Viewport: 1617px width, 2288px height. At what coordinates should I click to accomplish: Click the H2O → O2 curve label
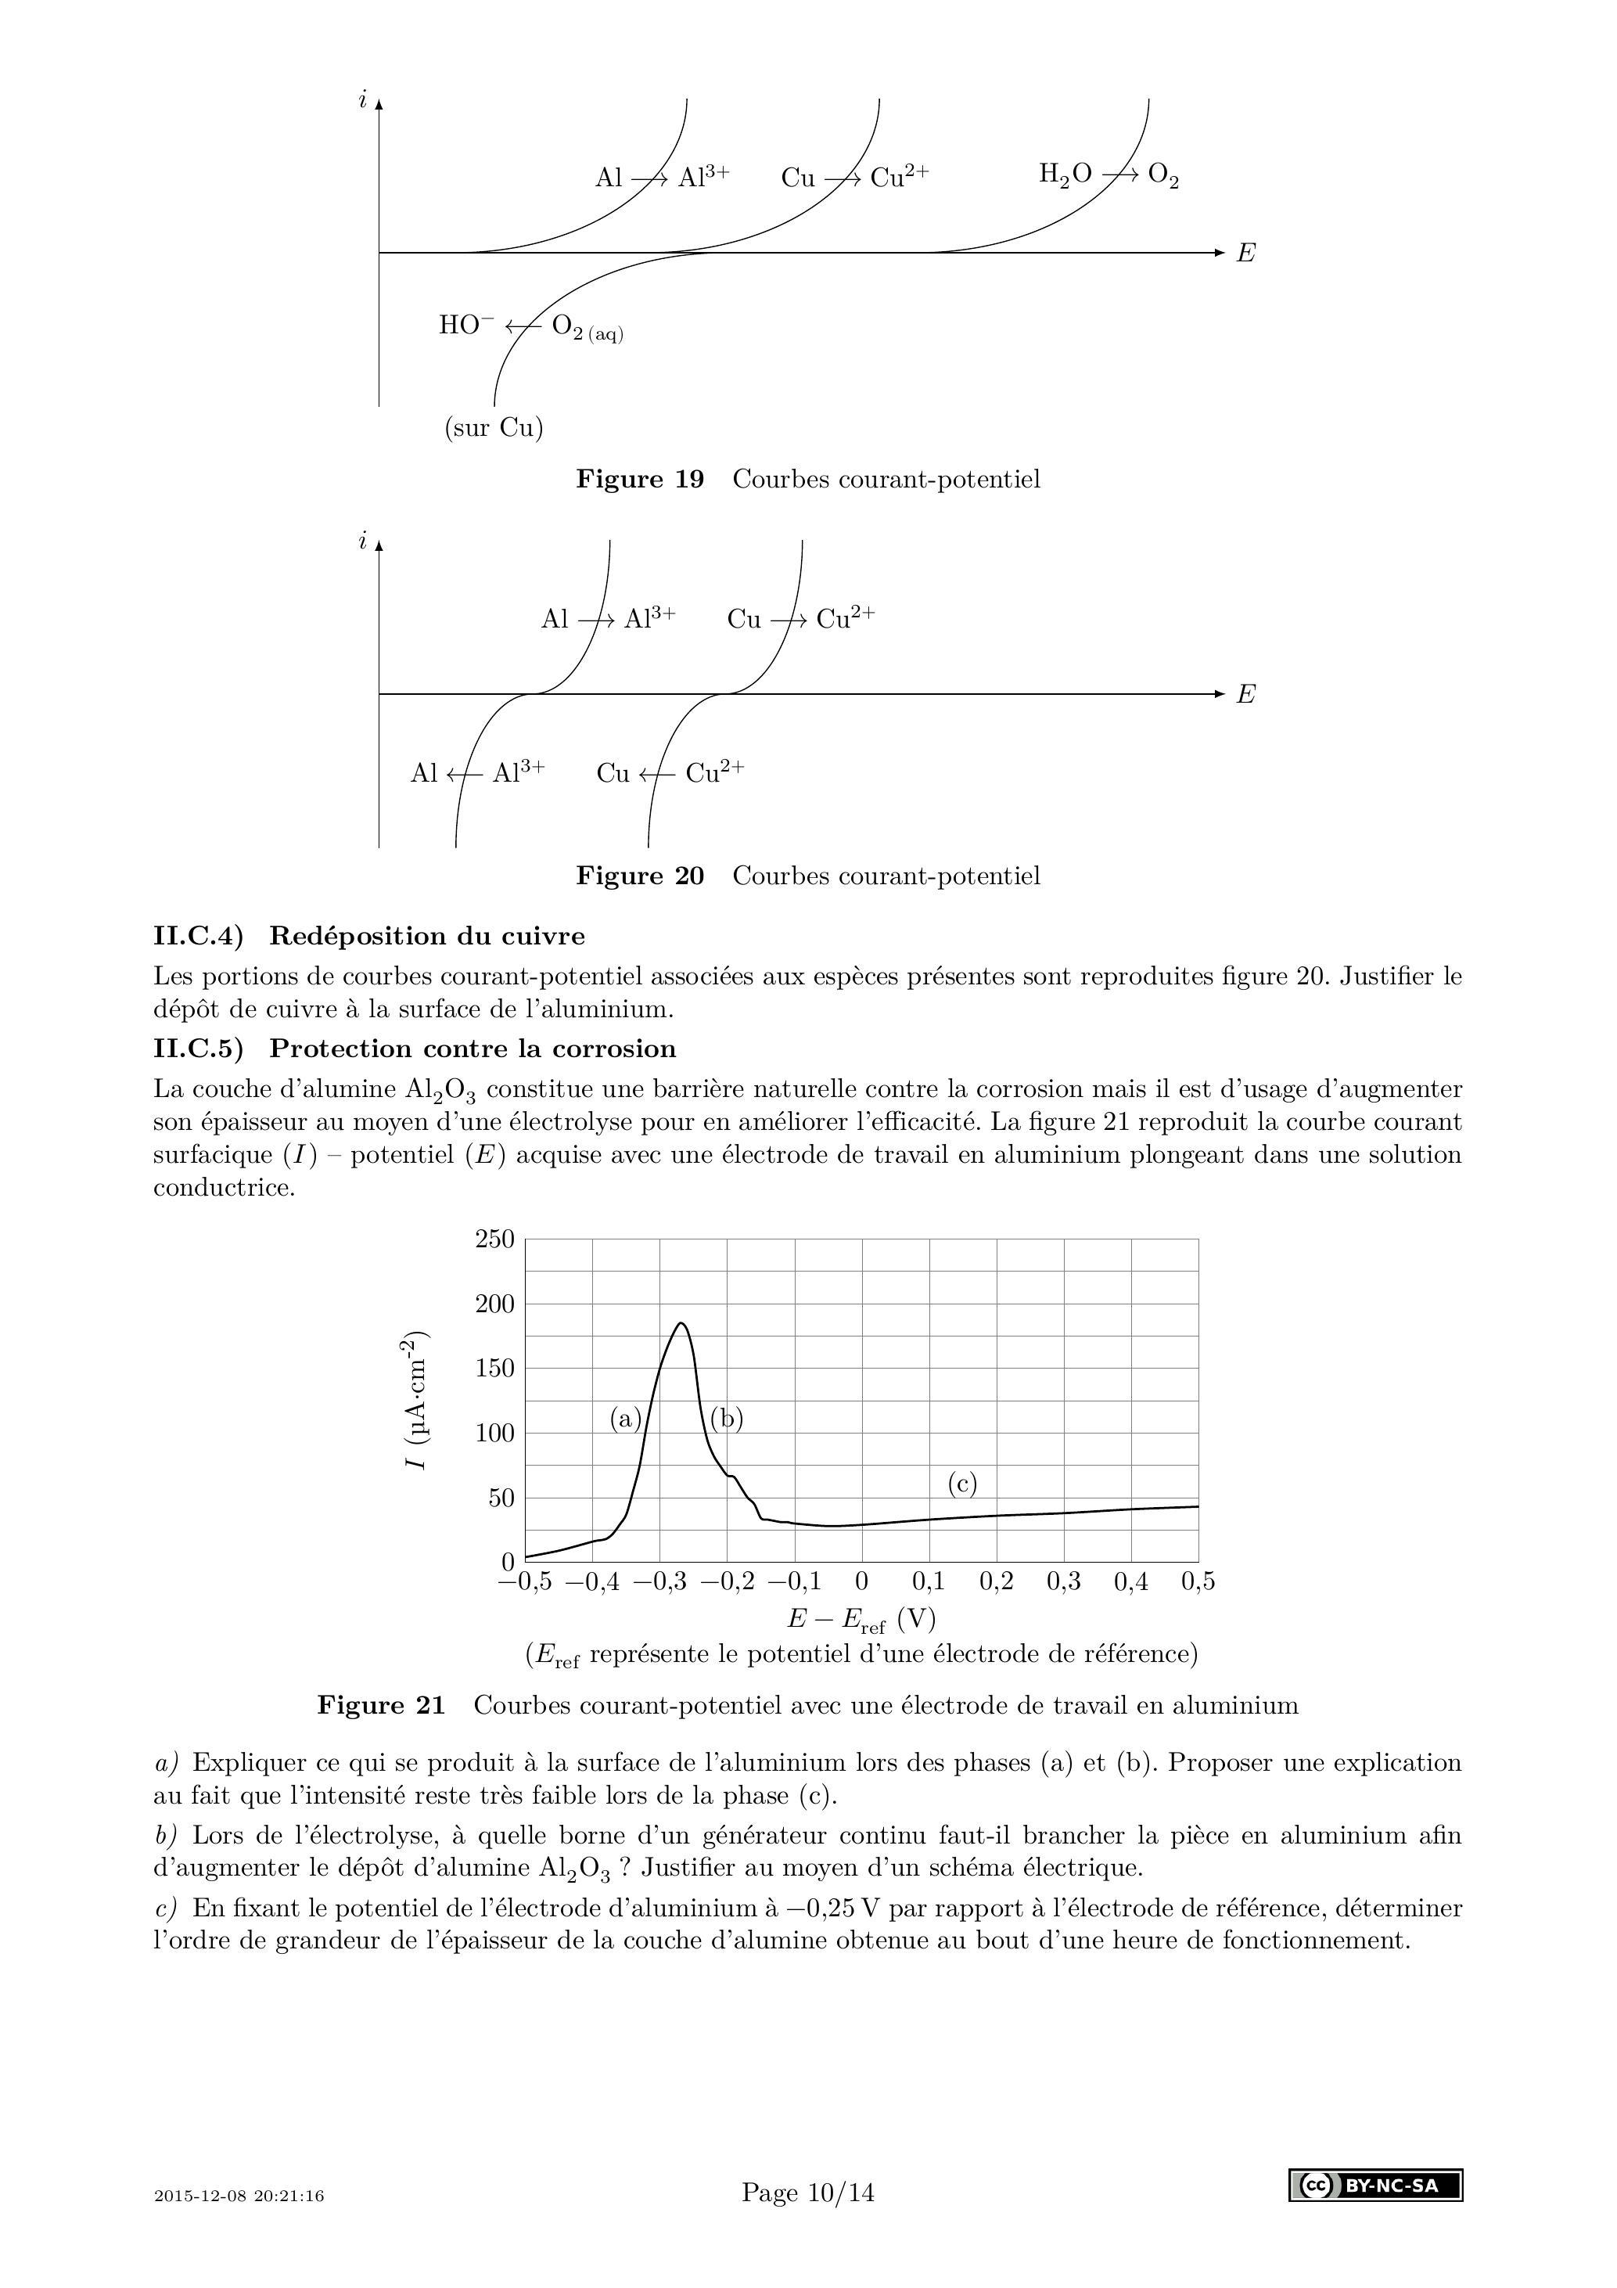pyautogui.click(x=1109, y=175)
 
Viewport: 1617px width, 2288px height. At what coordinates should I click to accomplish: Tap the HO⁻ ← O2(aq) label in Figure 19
pyautogui.click(x=530, y=327)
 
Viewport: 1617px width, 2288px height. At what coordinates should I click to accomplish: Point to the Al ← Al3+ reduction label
pyautogui.click(x=477, y=772)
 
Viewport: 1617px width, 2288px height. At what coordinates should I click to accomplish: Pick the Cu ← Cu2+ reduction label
pyautogui.click(x=670, y=772)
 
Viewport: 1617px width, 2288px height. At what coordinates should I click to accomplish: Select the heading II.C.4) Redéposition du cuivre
pyautogui.click(x=368, y=936)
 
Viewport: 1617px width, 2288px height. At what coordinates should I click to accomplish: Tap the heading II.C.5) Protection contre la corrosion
pyautogui.click(x=415, y=1049)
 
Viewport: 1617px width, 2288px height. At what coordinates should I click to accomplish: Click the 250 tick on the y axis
pyautogui.click(x=494, y=1239)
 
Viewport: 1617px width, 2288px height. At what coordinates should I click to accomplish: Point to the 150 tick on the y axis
pyautogui.click(x=494, y=1369)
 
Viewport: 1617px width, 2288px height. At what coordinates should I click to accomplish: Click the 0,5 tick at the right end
pyautogui.click(x=1198, y=1581)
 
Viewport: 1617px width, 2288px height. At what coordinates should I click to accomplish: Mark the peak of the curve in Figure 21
pyautogui.click(x=681, y=1323)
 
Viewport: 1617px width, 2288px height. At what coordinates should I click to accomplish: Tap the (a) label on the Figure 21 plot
pyautogui.click(x=626, y=1418)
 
